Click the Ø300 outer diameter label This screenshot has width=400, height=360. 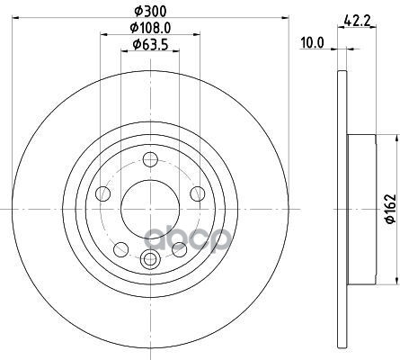pyautogui.click(x=150, y=12)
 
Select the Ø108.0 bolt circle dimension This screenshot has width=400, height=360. pyautogui.click(x=150, y=28)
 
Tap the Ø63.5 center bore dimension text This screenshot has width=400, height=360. pyautogui.click(x=150, y=45)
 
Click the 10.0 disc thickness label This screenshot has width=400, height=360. pyautogui.click(x=312, y=43)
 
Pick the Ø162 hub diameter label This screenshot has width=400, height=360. pyautogui.click(x=391, y=209)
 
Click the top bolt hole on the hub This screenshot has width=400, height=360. pyautogui.click(x=150, y=159)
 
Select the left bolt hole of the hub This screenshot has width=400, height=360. pyautogui.click(x=102, y=193)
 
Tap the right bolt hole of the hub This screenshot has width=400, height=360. pyautogui.click(x=198, y=193)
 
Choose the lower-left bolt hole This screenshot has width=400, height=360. pyautogui.click(x=121, y=249)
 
